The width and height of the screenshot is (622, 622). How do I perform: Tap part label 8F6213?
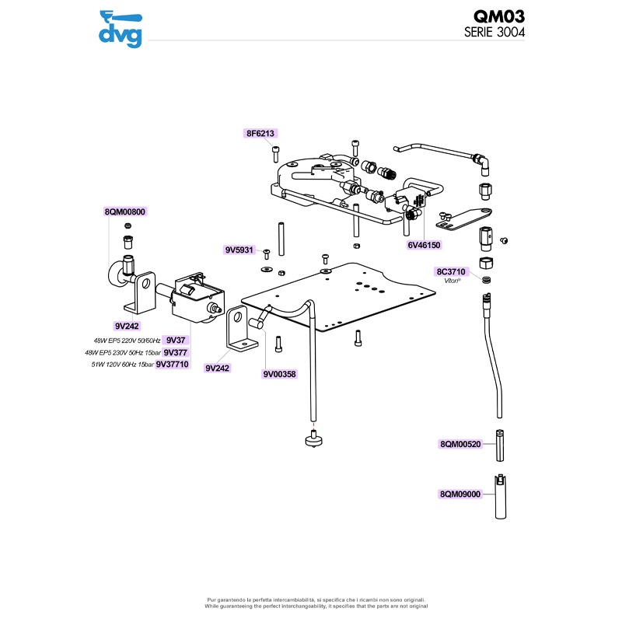(x=260, y=134)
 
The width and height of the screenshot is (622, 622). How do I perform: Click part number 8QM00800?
(x=125, y=211)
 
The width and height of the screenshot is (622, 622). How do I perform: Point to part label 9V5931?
(x=239, y=250)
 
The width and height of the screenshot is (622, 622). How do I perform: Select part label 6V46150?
(x=424, y=245)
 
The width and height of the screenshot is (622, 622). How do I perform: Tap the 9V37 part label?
(x=176, y=341)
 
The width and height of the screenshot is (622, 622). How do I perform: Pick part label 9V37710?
(x=172, y=363)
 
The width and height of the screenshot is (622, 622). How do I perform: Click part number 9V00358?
(x=278, y=374)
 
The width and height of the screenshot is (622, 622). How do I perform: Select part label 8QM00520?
(x=461, y=444)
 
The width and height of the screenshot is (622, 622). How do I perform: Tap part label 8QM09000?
(x=461, y=494)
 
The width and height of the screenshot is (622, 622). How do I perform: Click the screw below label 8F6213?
(x=276, y=152)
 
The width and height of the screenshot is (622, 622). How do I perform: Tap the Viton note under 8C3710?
(x=453, y=282)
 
